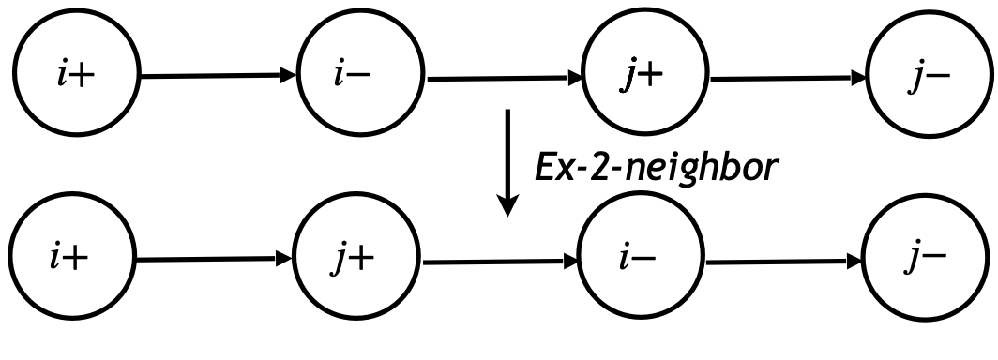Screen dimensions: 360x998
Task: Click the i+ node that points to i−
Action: pos(73,77)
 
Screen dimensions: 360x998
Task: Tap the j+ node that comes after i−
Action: pos(645,77)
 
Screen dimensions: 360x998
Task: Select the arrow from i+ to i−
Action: pos(216,77)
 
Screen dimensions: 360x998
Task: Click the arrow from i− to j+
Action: pos(503,79)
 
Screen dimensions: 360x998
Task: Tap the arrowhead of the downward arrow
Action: pos(507,205)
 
